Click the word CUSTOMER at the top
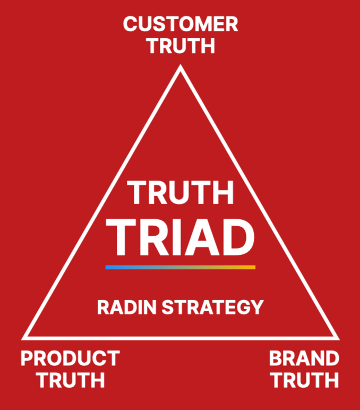click(181, 24)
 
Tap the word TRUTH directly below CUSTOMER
click(181, 46)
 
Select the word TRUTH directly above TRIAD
click(181, 193)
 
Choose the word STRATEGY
click(212, 307)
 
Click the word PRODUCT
click(70, 358)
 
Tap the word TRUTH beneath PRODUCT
click(70, 380)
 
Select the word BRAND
click(304, 358)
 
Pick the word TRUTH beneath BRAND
click(304, 380)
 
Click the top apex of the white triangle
click(181, 67)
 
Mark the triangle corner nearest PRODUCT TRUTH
click(24, 337)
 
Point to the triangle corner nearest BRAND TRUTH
click(336, 337)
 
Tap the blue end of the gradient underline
click(108, 267)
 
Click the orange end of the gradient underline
click(253, 267)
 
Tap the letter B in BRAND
click(276, 358)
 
